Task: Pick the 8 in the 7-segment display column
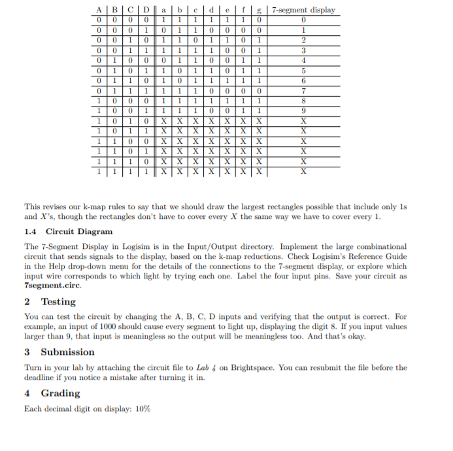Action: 303,101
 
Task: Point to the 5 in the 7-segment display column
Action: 303,71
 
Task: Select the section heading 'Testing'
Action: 58,301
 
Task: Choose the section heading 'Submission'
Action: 68,352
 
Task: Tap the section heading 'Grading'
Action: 61,393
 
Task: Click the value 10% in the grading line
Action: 143,409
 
